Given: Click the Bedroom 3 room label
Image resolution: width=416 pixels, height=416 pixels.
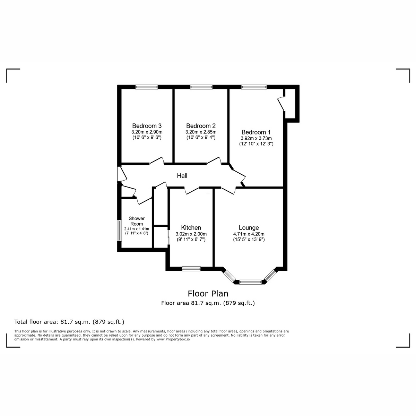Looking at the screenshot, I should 147,126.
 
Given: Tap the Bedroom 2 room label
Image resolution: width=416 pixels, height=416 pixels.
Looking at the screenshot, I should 201,126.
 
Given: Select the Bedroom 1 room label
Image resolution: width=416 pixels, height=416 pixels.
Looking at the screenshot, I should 256,132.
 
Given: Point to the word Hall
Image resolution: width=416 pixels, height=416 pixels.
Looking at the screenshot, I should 182,176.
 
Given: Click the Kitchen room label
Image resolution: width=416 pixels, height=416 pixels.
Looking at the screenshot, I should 191,228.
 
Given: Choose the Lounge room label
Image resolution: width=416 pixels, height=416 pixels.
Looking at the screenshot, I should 249,228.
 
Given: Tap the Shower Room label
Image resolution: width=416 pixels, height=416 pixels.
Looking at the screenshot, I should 137,221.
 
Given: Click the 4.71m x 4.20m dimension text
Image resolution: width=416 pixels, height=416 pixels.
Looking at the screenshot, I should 249,234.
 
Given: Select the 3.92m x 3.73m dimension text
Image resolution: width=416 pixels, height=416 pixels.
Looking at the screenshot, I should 256,138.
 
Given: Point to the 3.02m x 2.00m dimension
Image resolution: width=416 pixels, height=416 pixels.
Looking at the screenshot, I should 191,234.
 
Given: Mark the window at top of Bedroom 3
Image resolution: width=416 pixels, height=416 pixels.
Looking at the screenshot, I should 146,87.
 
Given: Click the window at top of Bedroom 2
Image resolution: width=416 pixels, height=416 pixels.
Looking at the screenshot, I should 201,87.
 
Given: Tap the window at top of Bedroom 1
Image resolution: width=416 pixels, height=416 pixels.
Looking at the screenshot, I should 254,87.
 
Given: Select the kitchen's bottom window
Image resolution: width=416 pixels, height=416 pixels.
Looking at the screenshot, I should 191,268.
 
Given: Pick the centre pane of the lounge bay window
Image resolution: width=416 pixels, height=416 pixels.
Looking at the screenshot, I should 251,282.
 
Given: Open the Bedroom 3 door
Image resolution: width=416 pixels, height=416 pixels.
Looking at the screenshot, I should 156,161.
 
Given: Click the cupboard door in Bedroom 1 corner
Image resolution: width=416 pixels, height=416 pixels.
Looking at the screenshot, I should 281,104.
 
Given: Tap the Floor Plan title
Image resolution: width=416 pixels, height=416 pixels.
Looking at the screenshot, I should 208,294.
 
